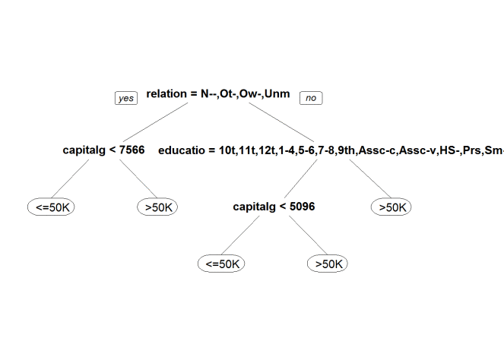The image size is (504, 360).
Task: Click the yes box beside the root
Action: point(126,98)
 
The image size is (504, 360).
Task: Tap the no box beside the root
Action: point(311,98)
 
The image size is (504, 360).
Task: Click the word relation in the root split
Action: point(166,93)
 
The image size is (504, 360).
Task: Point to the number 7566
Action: point(132,150)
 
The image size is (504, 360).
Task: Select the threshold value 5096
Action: point(302,206)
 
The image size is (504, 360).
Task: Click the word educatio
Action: point(181,150)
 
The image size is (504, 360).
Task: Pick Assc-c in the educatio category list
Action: point(377,150)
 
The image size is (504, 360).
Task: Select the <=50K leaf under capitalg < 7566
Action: point(51,207)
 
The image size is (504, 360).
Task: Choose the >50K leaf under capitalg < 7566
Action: point(157,207)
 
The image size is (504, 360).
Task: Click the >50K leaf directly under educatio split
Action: point(391,207)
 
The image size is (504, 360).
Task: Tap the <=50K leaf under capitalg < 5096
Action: point(221,264)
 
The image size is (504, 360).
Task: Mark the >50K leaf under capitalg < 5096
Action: point(327,264)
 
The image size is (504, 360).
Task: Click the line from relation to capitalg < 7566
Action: point(156,122)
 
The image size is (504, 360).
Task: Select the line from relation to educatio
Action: point(281,122)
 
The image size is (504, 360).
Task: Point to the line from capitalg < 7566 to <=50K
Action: point(70,178)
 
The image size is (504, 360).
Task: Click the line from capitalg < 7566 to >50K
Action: point(138,178)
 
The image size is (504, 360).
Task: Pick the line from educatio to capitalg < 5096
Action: point(300,178)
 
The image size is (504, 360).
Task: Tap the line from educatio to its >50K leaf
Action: point(370,178)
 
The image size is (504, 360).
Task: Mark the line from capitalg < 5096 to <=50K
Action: point(240,235)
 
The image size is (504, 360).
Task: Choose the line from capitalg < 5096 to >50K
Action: point(308,235)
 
